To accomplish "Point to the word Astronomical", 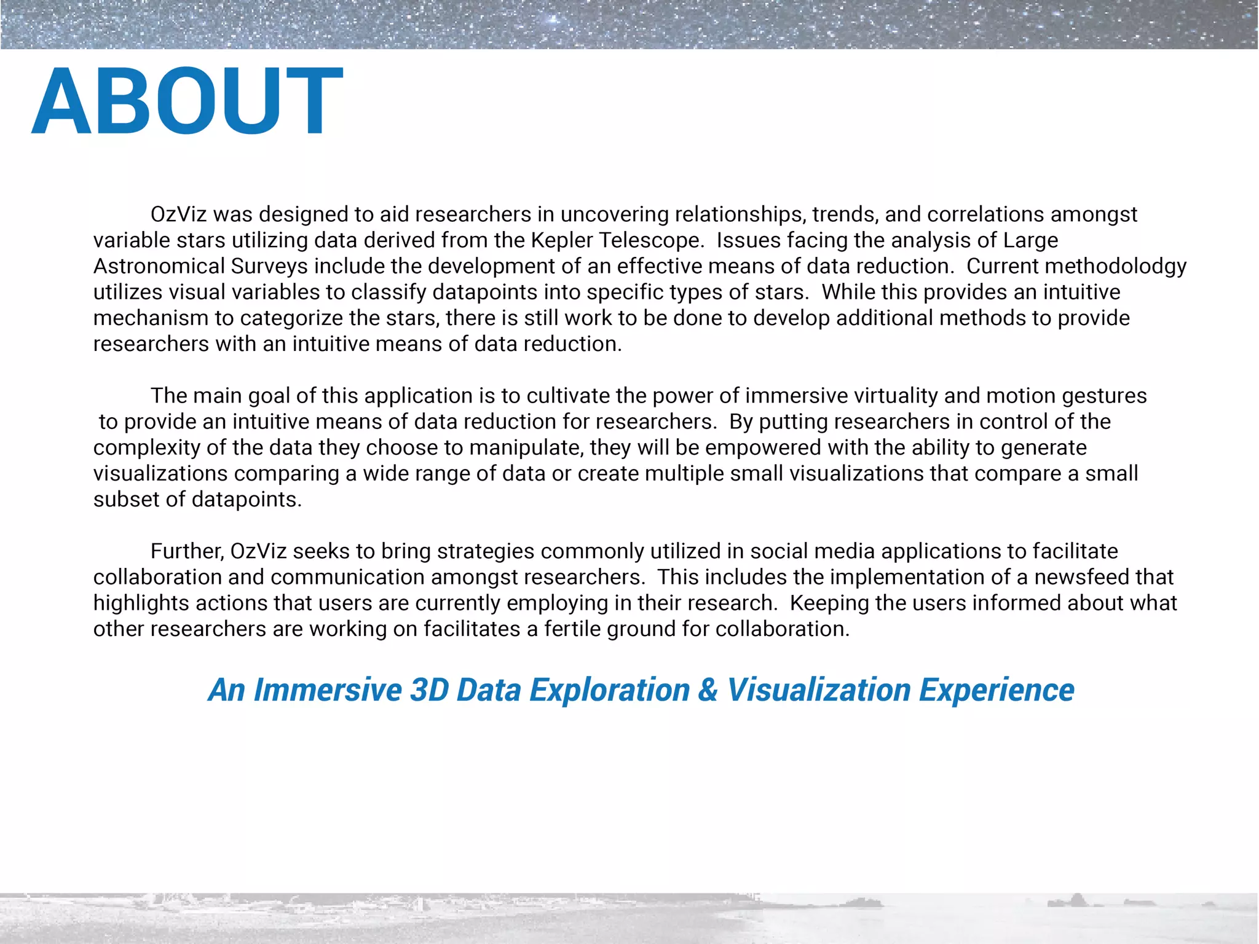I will pos(159,266).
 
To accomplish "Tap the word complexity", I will pos(147,447).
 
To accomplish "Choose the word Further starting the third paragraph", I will pos(187,551).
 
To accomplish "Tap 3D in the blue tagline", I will pos(429,690).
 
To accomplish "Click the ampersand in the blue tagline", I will pos(708,690).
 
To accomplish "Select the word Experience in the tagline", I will pos(997,690).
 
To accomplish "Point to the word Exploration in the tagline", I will pos(610,690).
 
